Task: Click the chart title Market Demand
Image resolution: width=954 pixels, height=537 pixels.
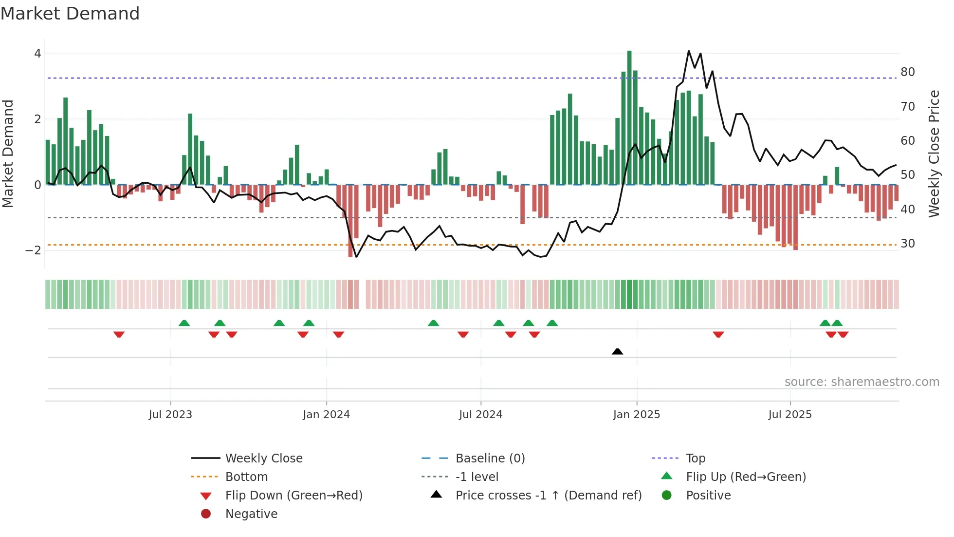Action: tap(70, 14)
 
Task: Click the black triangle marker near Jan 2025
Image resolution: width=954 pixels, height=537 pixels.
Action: tap(617, 351)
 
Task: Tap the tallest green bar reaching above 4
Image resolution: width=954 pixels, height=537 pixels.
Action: tap(629, 117)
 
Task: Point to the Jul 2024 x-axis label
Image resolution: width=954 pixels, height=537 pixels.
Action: tap(480, 415)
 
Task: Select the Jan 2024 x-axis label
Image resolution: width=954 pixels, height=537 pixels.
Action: tap(326, 415)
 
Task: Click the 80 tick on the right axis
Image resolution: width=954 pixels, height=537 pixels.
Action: tap(908, 72)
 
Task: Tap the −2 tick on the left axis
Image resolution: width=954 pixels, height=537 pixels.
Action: tap(33, 250)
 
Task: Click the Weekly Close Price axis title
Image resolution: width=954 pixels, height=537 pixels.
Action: tap(934, 153)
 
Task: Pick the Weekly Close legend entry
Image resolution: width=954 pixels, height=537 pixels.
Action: tap(263, 459)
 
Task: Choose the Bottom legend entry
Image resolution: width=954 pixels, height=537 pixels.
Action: tap(246, 477)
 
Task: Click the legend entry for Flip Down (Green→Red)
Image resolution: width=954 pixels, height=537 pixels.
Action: tap(294, 496)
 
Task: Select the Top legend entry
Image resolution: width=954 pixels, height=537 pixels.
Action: tap(696, 459)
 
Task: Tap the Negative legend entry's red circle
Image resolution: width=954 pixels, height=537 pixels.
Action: tap(206, 514)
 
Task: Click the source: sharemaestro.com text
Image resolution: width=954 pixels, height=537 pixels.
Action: tap(862, 382)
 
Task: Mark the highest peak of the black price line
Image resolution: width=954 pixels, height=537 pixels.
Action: tap(689, 51)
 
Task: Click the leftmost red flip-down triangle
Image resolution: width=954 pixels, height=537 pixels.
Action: tap(119, 334)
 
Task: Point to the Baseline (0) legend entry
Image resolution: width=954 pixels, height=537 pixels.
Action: tap(490, 459)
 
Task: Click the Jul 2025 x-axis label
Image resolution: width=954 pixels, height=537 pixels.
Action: tap(790, 415)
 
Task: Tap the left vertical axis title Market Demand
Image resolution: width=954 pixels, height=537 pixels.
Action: tap(8, 153)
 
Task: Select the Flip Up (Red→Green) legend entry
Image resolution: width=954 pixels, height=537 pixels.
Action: tap(746, 477)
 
